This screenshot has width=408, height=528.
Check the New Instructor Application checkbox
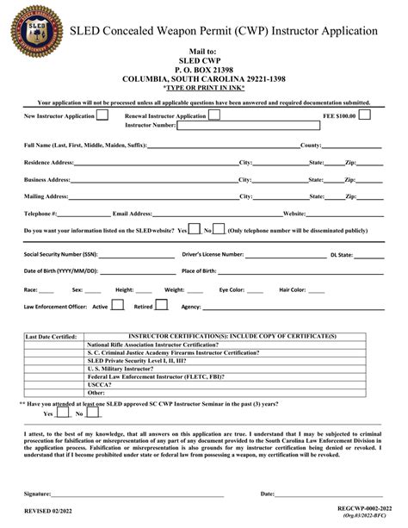pyautogui.click(x=102, y=114)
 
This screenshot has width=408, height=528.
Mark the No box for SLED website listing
pyautogui.click(x=219, y=230)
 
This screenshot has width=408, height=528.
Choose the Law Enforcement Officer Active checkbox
pyautogui.click(x=118, y=305)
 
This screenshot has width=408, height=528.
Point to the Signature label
pyautogui.click(x=38, y=494)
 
